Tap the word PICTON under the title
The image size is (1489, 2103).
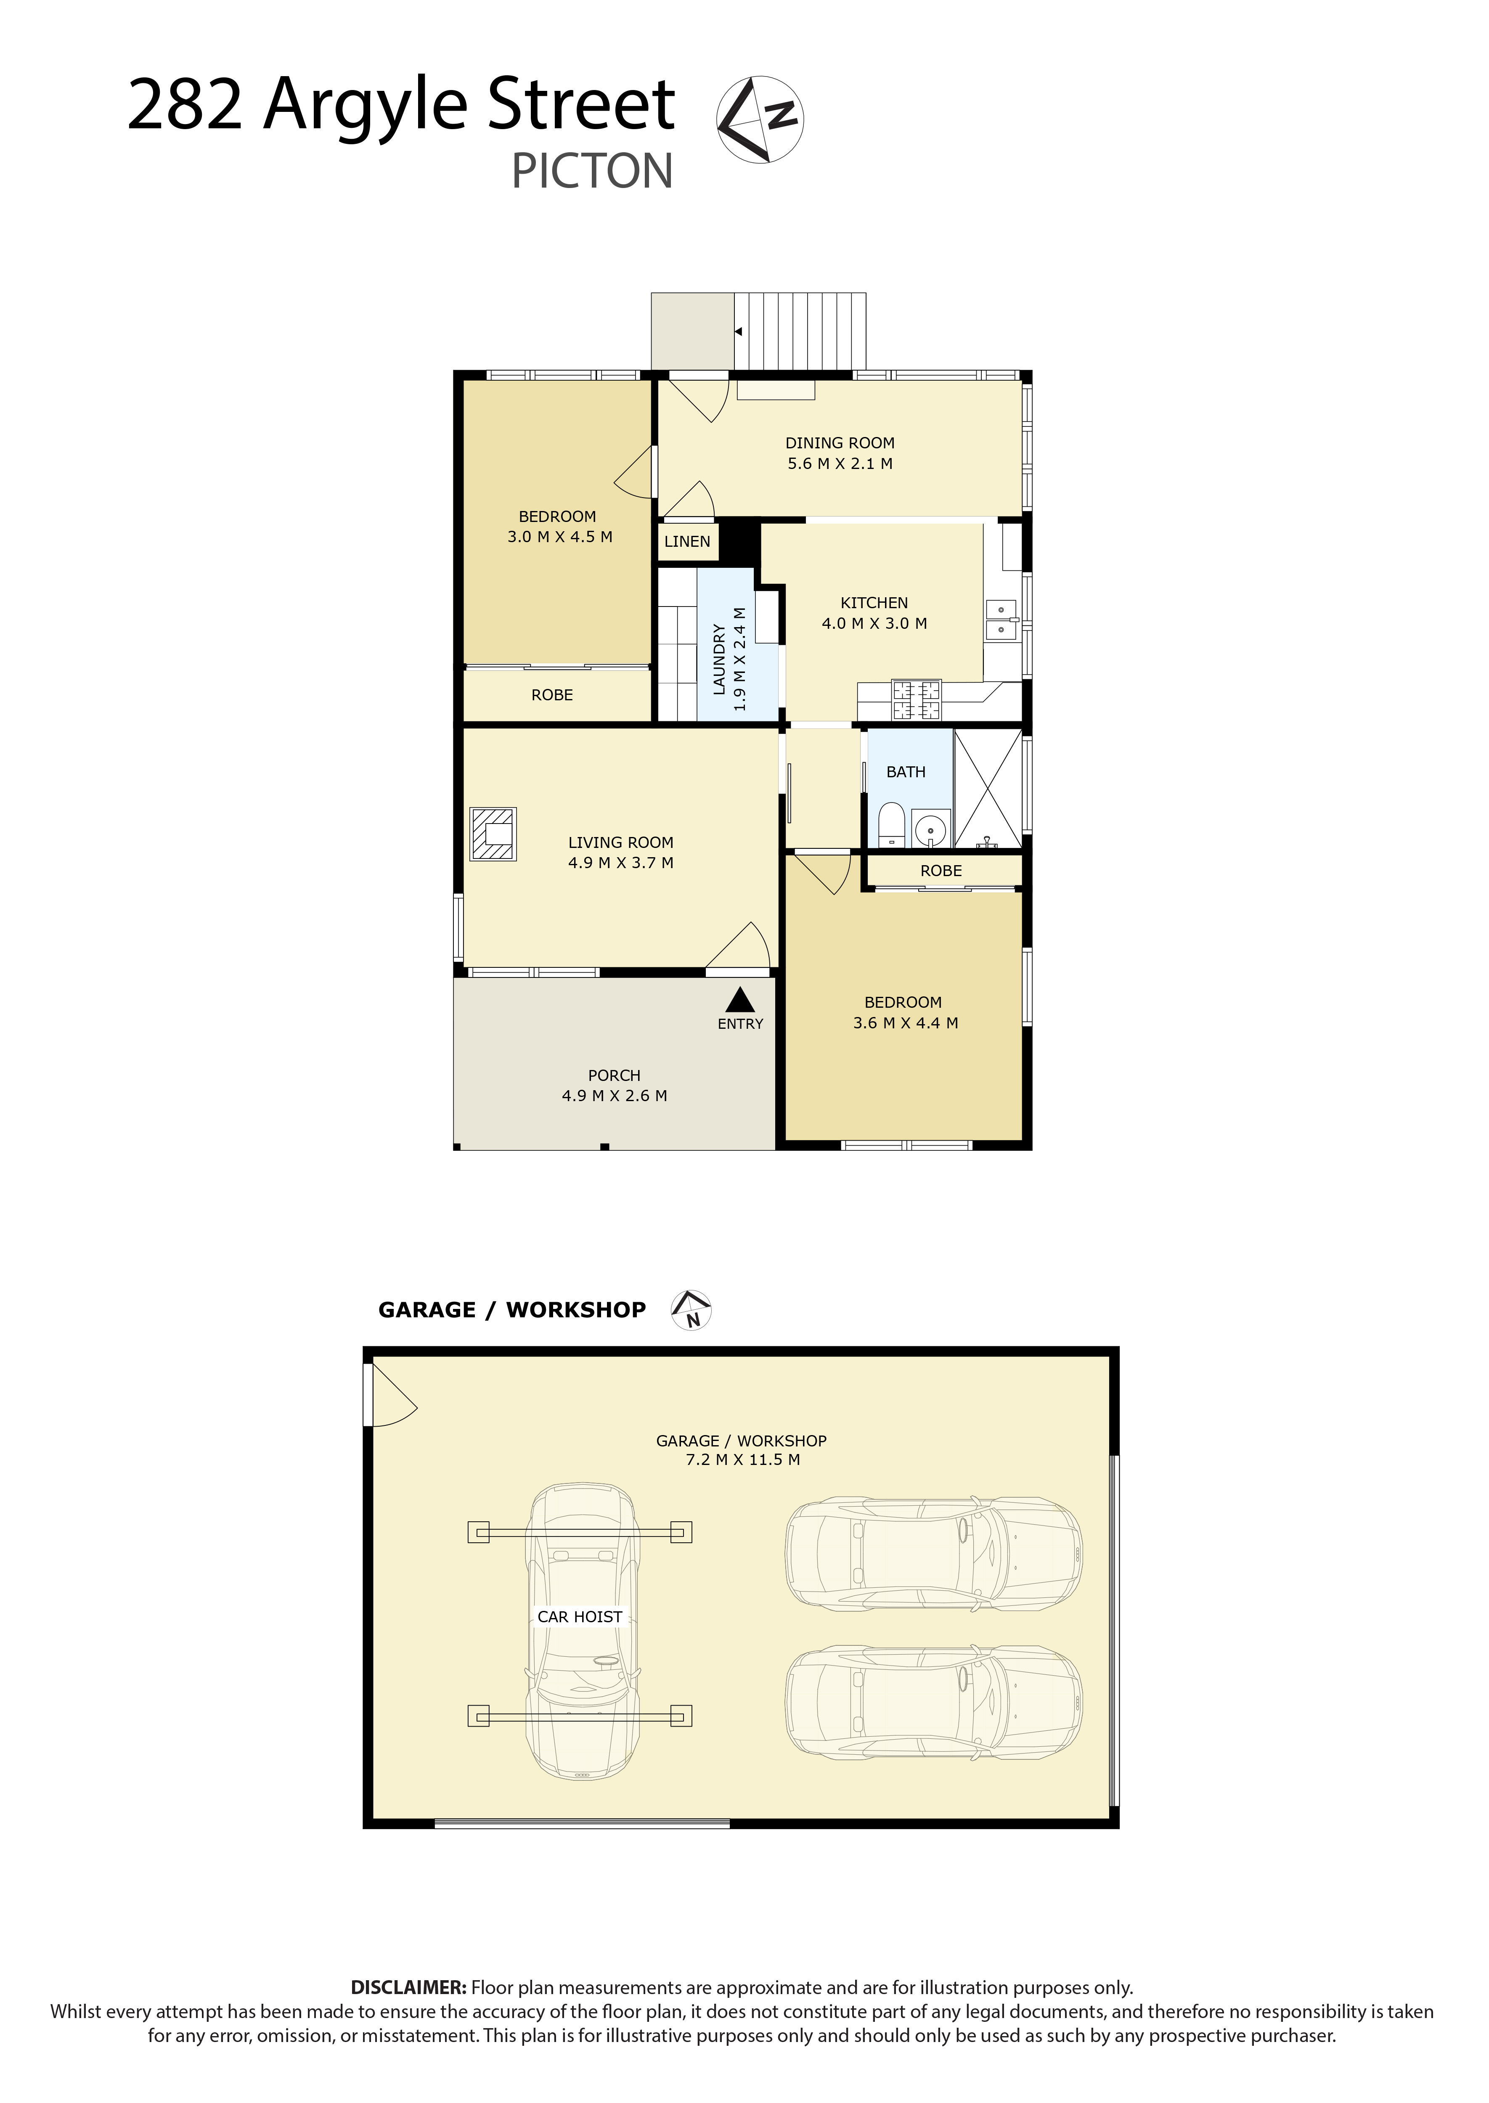pyautogui.click(x=592, y=172)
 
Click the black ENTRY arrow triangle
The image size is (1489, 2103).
pyautogui.click(x=740, y=999)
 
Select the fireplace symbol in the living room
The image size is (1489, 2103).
pyautogui.click(x=493, y=834)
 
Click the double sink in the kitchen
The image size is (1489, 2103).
pyautogui.click(x=1001, y=620)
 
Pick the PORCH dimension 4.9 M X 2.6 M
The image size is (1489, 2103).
pyautogui.click(x=614, y=1096)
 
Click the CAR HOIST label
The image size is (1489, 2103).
pyautogui.click(x=580, y=1617)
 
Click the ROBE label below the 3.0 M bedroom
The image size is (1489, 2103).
pyautogui.click(x=552, y=695)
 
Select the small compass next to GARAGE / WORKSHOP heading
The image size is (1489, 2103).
pyautogui.click(x=692, y=1310)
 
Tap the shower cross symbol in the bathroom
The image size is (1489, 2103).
pyautogui.click(x=988, y=788)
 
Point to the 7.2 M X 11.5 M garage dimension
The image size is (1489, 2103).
pyautogui.click(x=743, y=1460)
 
